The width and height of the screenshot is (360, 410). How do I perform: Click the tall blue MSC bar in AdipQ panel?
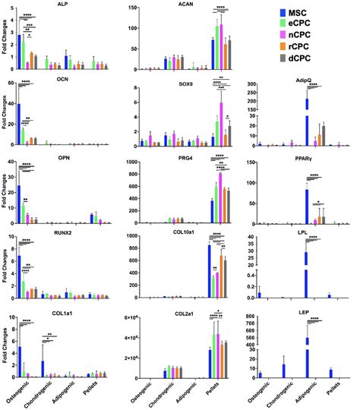[308, 121]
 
